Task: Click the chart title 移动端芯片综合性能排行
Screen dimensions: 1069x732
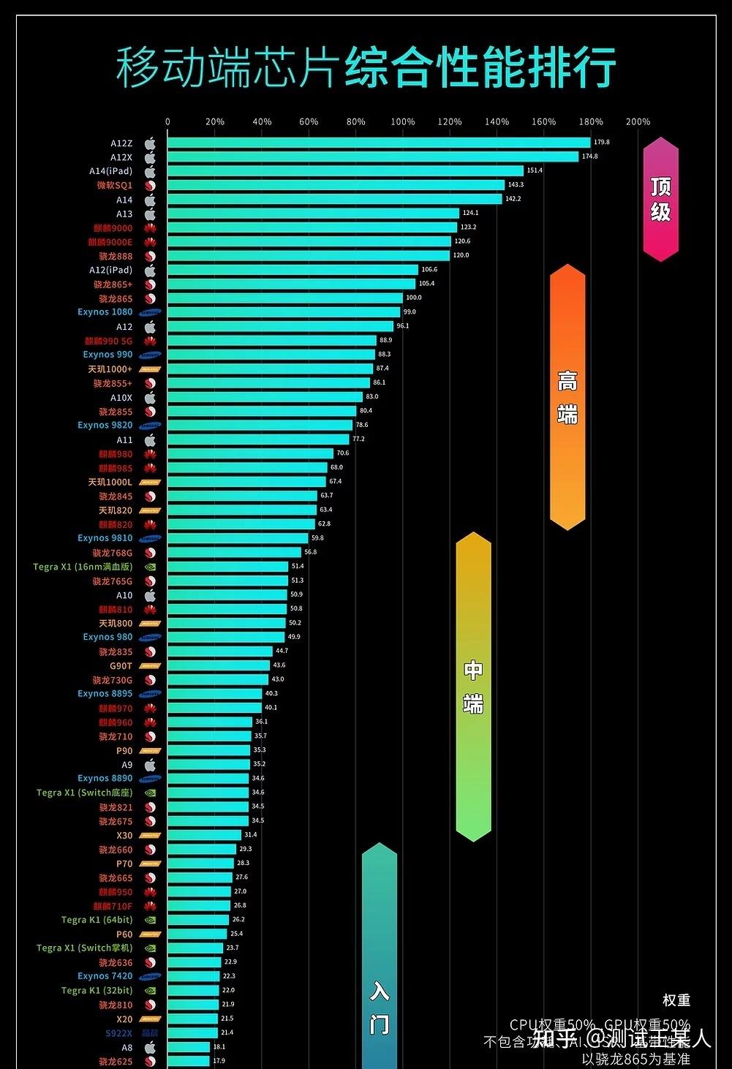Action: click(366, 67)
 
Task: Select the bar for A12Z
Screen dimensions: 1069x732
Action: click(378, 143)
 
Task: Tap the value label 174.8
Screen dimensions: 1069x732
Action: click(589, 156)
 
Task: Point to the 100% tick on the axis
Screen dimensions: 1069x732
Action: click(403, 122)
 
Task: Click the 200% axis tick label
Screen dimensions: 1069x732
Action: click(638, 122)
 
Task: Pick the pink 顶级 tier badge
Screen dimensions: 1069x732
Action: click(660, 199)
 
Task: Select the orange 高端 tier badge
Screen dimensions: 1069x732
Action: click(567, 397)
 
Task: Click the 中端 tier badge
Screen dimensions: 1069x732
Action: click(473, 687)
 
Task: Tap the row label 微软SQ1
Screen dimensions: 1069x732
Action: click(115, 185)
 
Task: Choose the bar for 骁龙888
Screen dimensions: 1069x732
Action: click(308, 256)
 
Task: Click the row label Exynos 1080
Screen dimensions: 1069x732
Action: click(105, 312)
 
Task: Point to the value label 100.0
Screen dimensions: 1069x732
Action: click(414, 298)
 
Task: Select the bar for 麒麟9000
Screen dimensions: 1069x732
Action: click(312, 227)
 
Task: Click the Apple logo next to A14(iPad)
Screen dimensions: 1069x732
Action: click(150, 171)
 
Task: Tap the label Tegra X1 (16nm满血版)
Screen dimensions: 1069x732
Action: click(83, 567)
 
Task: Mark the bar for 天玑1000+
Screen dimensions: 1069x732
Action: click(270, 369)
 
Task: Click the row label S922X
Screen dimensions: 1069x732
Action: click(118, 1033)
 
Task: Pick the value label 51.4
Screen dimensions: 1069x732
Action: click(298, 566)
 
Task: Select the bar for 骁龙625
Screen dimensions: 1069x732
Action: click(188, 1061)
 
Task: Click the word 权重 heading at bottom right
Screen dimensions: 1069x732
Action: click(676, 1000)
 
